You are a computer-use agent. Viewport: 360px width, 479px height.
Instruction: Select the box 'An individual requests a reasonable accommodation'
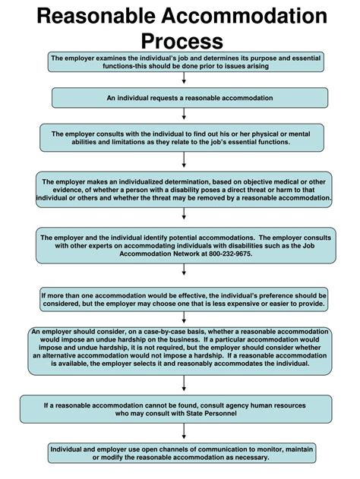184,98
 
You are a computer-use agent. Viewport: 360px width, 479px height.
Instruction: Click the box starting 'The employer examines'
184,61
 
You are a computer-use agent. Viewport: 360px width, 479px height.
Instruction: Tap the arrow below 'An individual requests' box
184,114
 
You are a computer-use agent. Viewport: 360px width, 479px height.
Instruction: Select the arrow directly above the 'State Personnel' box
184,386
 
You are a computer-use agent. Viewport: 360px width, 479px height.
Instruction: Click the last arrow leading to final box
184,433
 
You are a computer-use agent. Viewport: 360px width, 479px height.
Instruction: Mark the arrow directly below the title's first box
184,77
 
